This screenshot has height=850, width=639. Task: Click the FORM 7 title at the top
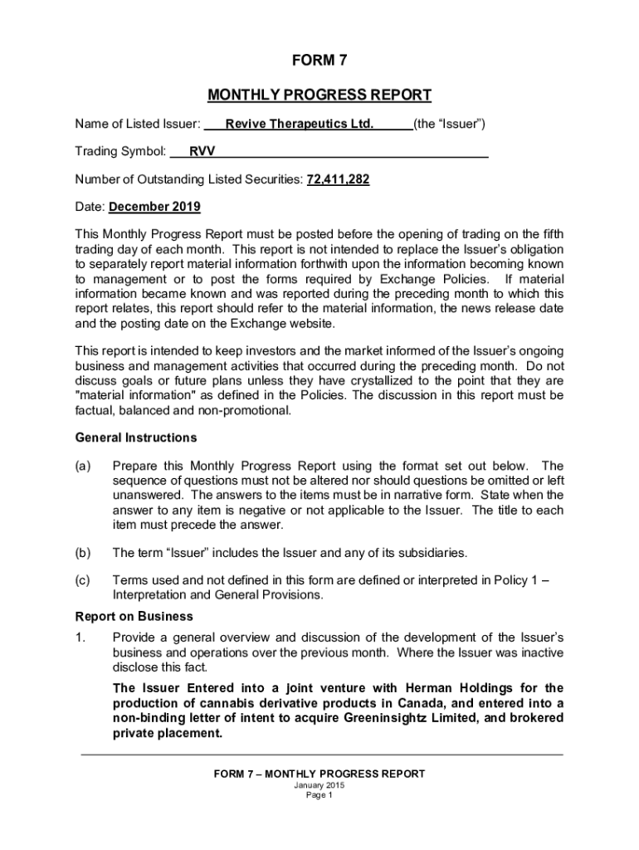click(x=319, y=61)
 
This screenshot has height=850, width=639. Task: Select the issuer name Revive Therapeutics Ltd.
click(x=300, y=125)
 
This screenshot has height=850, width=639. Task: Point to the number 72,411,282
click(x=339, y=179)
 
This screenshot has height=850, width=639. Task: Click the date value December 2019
click(x=154, y=207)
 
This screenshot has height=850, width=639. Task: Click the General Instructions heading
click(x=136, y=437)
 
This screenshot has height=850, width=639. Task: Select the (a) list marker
click(x=83, y=466)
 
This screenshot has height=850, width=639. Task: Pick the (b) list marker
click(x=83, y=552)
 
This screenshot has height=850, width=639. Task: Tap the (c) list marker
click(x=83, y=580)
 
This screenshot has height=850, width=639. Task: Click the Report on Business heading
click(x=134, y=616)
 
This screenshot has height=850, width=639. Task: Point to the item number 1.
click(x=80, y=637)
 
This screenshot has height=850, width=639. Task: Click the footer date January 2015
click(x=319, y=785)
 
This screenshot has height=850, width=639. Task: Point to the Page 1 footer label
click(x=319, y=795)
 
